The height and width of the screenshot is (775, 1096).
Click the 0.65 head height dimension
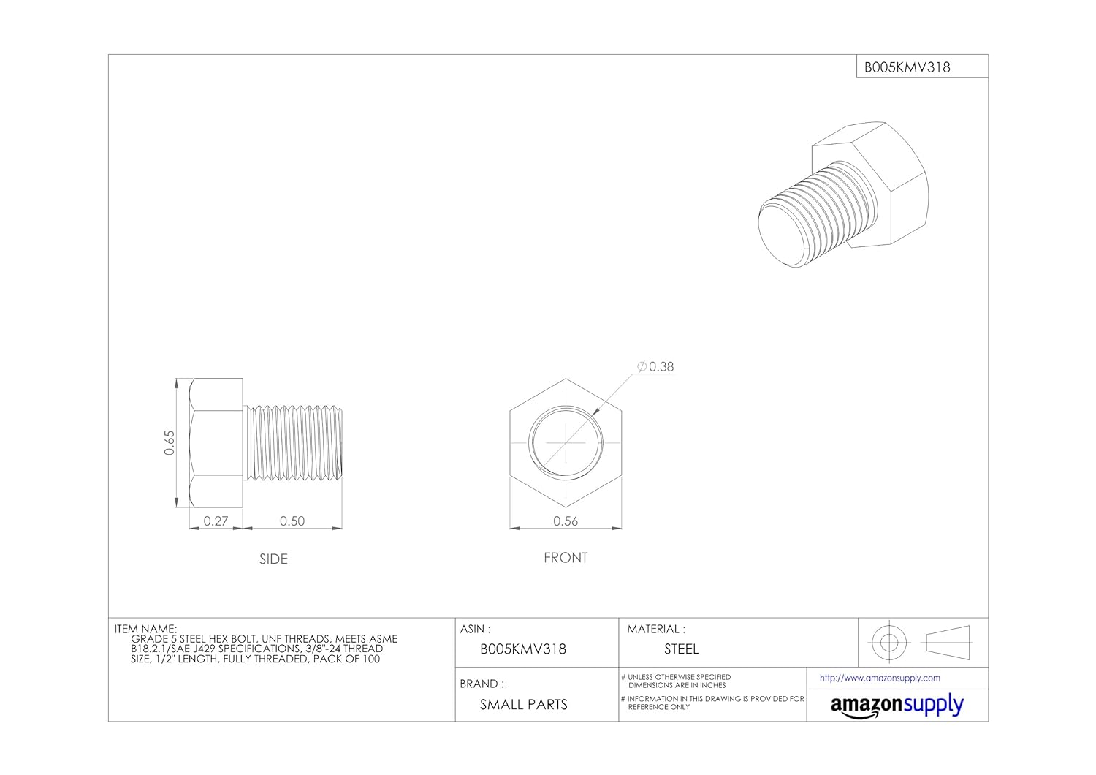(170, 442)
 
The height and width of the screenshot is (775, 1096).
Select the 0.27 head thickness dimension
(216, 521)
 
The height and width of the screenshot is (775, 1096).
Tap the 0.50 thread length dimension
(292, 521)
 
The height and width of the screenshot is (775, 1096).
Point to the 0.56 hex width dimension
(566, 521)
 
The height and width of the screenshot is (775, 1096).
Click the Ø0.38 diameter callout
(655, 367)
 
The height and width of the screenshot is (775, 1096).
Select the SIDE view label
(273, 559)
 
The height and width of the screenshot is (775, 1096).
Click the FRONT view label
(566, 558)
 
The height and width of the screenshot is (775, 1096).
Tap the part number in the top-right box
(907, 67)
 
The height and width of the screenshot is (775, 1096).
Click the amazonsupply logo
(897, 706)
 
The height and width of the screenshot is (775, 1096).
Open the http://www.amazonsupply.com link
(880, 678)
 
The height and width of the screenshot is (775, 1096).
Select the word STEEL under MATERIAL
(681, 649)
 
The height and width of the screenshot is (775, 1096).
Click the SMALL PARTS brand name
(523, 705)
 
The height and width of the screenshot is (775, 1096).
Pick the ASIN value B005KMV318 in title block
(523, 649)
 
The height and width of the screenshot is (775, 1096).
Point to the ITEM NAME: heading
(145, 629)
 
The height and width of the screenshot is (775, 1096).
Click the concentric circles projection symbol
(888, 643)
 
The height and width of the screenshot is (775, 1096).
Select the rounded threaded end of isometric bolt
(780, 234)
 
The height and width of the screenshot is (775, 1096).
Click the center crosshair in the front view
(566, 443)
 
